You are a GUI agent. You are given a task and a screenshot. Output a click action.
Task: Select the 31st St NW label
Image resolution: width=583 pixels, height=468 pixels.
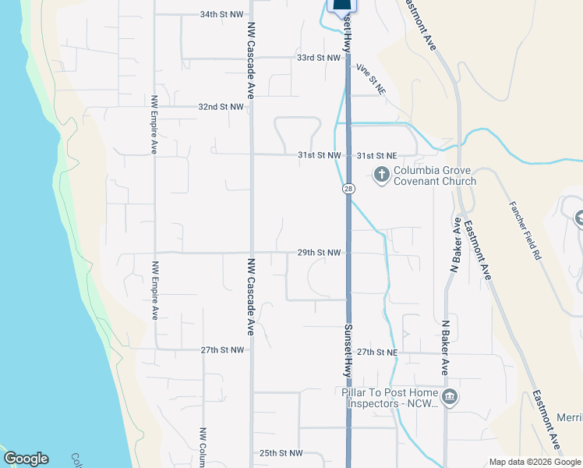tap(320, 155)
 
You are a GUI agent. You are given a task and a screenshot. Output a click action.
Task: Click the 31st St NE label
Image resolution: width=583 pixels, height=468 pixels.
tap(377, 155)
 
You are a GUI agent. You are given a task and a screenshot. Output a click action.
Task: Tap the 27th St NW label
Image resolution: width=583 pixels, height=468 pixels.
tap(223, 350)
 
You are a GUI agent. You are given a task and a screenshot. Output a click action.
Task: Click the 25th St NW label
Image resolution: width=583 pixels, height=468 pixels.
tap(281, 452)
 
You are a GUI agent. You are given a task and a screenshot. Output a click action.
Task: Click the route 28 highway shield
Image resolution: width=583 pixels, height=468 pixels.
tap(348, 190)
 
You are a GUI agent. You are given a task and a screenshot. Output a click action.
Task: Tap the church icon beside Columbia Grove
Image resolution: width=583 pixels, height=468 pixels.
tap(382, 173)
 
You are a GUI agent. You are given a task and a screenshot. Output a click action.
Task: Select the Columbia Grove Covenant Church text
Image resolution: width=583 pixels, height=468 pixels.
tap(434, 176)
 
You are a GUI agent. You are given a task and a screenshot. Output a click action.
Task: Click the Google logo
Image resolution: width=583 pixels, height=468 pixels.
tap(26, 459)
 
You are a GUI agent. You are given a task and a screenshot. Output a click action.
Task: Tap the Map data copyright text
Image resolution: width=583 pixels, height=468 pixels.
tap(535, 462)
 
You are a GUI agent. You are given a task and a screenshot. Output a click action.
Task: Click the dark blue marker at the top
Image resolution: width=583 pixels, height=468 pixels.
tap(341, 5)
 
